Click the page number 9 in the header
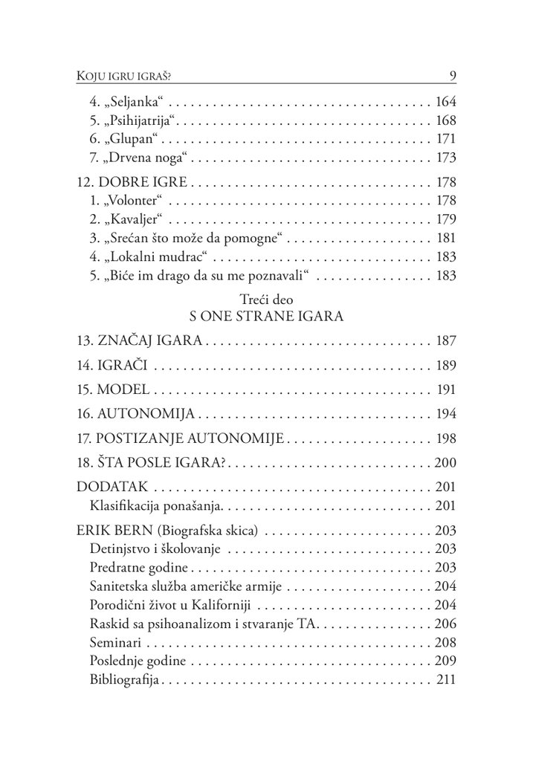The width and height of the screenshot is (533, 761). tap(452, 75)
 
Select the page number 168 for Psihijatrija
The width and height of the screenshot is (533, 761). tap(445, 120)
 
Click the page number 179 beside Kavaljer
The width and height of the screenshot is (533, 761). tap(445, 220)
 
